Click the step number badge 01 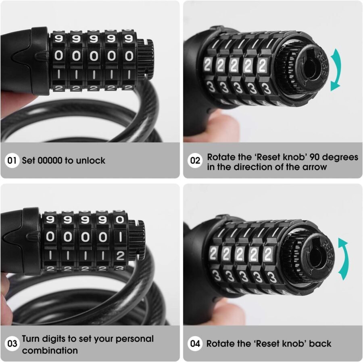(x=13, y=161)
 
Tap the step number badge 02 (x=195, y=161)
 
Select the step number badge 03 (x=13, y=344)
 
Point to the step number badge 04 (x=195, y=344)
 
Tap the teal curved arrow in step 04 (x=342, y=259)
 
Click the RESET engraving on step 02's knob (x=322, y=60)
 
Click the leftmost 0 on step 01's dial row (x=59, y=56)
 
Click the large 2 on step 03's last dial (x=120, y=255)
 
